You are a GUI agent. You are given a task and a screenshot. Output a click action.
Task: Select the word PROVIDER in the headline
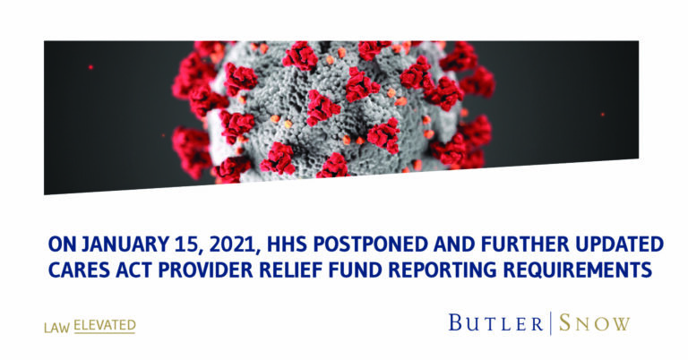pyautogui.click(x=205, y=270)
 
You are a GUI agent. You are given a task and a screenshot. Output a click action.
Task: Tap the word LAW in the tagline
pyautogui.click(x=56, y=328)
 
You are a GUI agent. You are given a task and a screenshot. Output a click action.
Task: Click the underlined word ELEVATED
pyautogui.click(x=105, y=325)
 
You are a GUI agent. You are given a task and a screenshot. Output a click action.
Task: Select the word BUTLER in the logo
pyautogui.click(x=495, y=323)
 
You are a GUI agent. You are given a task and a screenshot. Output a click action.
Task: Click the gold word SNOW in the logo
pyautogui.click(x=595, y=323)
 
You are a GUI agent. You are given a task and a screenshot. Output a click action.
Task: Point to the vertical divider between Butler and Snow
pyautogui.click(x=551, y=323)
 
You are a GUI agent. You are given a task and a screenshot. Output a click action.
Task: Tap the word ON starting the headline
pyautogui.click(x=62, y=244)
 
